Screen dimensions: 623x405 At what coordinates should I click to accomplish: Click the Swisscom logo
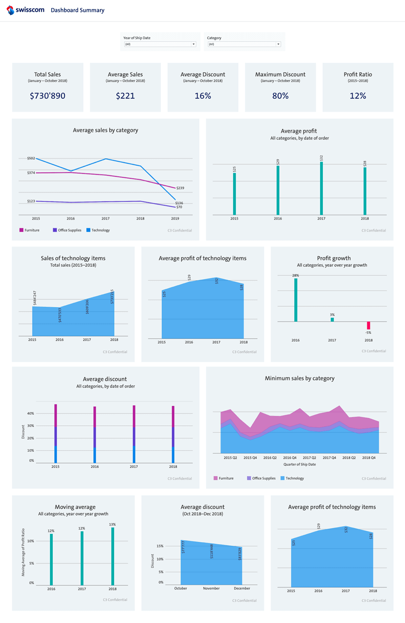(25, 10)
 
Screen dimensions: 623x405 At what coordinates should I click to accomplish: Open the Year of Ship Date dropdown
(160, 44)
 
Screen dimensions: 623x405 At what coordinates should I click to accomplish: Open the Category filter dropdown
(244, 44)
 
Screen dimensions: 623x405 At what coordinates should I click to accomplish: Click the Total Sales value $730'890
(48, 96)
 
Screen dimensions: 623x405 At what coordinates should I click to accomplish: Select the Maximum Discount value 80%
(280, 96)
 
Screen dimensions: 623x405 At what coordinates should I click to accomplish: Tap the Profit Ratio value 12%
(358, 96)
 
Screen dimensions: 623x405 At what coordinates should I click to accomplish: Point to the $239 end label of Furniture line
(180, 188)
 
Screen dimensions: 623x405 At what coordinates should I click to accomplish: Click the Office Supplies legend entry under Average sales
(67, 230)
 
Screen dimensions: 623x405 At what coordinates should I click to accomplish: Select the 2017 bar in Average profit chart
(321, 189)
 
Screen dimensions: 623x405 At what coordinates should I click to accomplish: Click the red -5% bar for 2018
(369, 325)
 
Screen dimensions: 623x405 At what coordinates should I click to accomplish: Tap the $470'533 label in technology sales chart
(60, 315)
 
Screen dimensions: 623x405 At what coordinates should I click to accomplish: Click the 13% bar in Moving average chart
(113, 556)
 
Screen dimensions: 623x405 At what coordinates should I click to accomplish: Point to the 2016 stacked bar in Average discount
(95, 434)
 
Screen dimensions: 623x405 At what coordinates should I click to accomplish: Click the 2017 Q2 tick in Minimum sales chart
(309, 458)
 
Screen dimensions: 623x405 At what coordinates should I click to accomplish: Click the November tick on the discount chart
(211, 588)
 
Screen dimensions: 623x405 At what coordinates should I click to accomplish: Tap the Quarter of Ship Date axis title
(299, 464)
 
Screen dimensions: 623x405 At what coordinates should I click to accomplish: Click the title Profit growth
(334, 258)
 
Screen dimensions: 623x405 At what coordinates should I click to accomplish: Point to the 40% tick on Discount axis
(31, 413)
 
